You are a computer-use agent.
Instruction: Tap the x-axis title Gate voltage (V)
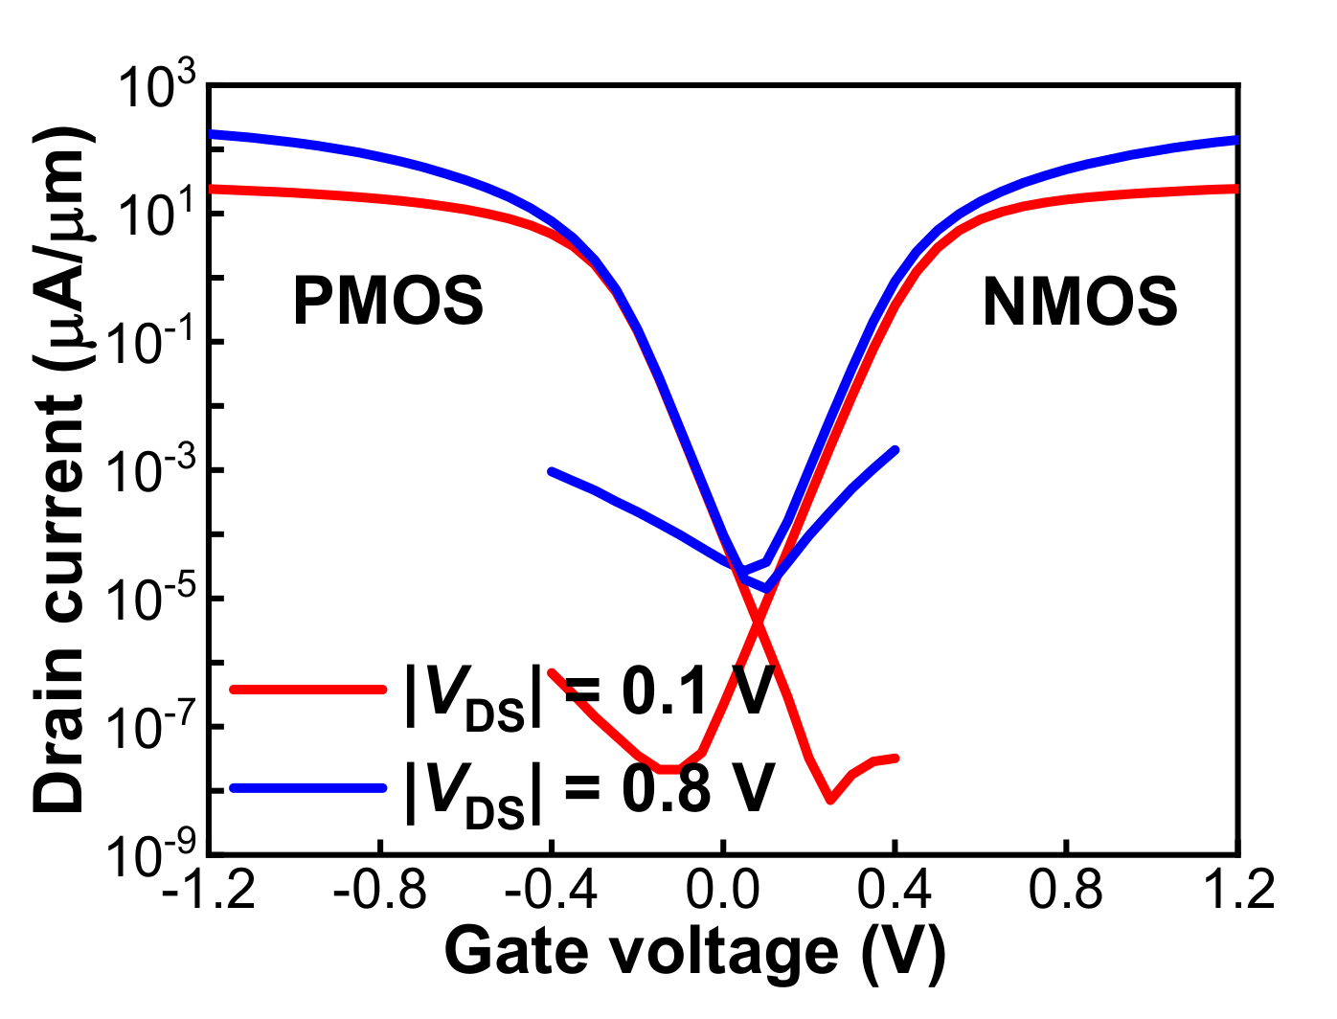[694, 953]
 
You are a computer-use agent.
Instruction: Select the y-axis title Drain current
[59, 469]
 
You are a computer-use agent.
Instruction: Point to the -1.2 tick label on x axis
[209, 891]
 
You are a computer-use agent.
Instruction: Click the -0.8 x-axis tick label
[380, 891]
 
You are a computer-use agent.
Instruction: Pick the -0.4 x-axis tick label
[552, 891]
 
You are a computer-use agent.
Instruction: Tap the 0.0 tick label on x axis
[724, 891]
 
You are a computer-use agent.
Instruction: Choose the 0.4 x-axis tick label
[895, 891]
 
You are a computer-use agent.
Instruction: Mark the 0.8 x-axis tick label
[1066, 891]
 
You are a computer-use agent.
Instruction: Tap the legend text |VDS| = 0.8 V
[589, 791]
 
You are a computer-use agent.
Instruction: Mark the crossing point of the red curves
[758, 623]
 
